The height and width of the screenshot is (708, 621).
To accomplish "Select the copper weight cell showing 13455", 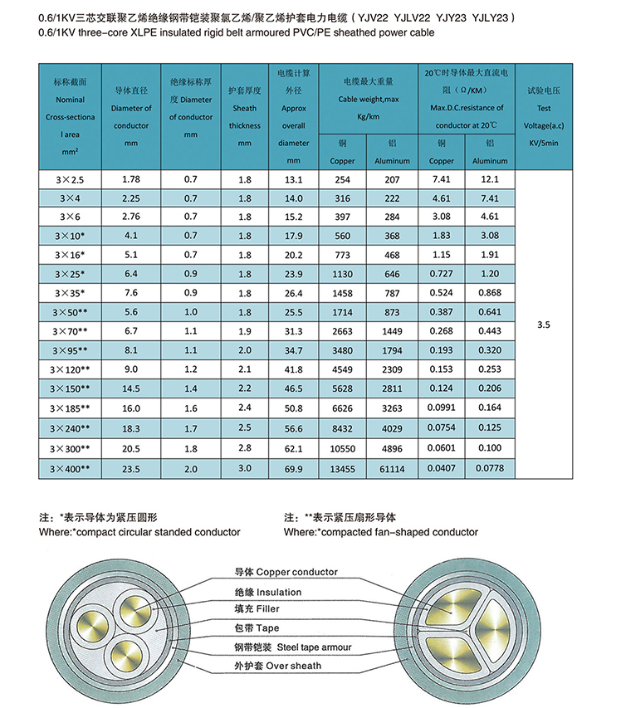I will point(342,469).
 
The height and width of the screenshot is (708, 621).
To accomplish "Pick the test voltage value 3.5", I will point(544,326).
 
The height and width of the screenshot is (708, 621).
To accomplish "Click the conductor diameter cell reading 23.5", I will point(130,469).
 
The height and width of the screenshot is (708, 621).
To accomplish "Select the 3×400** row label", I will point(71,469).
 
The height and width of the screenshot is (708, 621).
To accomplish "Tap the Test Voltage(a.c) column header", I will point(544,116).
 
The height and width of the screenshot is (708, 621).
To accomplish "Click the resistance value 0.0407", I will point(441,469).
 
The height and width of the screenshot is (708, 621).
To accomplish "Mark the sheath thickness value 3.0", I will point(245,469).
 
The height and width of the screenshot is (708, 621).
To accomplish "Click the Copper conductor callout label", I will point(286,573).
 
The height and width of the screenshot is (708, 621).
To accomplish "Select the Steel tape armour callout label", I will point(291,647).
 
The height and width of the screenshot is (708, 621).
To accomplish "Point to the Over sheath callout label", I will point(277,666).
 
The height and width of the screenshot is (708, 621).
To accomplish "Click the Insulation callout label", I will point(267,592).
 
